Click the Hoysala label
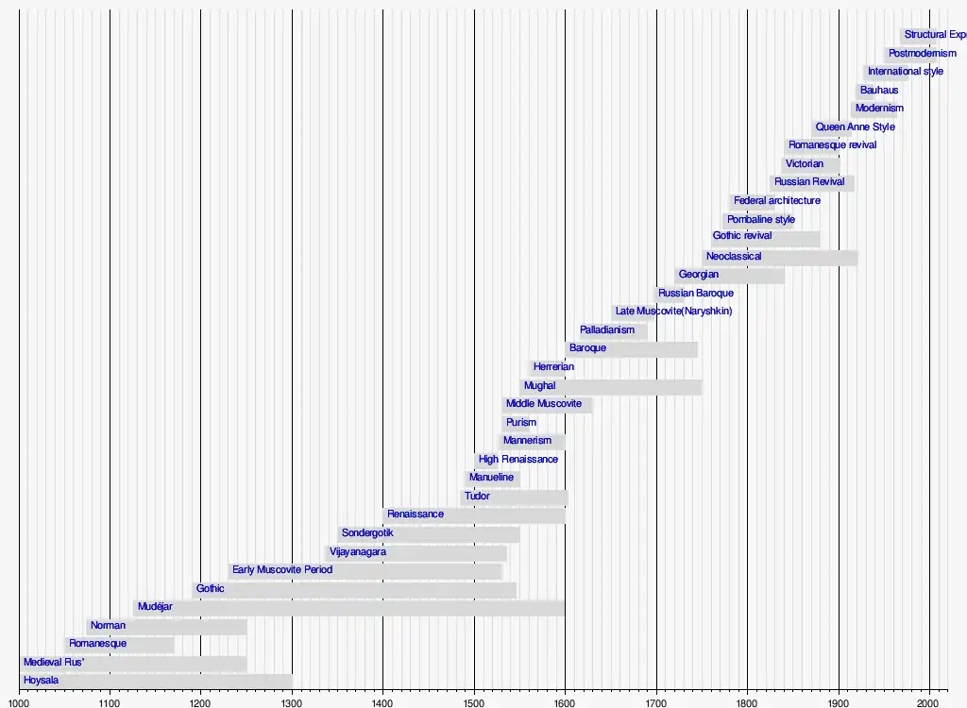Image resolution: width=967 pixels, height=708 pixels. (41, 681)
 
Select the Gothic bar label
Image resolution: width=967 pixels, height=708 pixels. (210, 589)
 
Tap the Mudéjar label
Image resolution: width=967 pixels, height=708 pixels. (155, 607)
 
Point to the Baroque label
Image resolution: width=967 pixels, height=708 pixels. (587, 348)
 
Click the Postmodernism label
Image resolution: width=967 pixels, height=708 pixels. (922, 54)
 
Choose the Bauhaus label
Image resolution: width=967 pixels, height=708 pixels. (879, 91)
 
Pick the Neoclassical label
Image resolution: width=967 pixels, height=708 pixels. (734, 257)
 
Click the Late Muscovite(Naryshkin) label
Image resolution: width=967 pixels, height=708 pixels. (673, 312)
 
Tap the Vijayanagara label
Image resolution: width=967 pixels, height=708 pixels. (357, 552)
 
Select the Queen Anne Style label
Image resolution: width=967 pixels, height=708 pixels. (855, 127)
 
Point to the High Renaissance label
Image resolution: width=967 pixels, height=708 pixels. (517, 460)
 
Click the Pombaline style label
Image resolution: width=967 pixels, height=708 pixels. (761, 220)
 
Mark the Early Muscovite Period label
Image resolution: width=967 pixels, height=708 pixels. (282, 570)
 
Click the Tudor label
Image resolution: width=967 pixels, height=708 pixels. (477, 497)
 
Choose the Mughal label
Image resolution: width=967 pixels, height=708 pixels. (539, 386)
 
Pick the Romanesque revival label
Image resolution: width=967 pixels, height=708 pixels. (832, 145)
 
